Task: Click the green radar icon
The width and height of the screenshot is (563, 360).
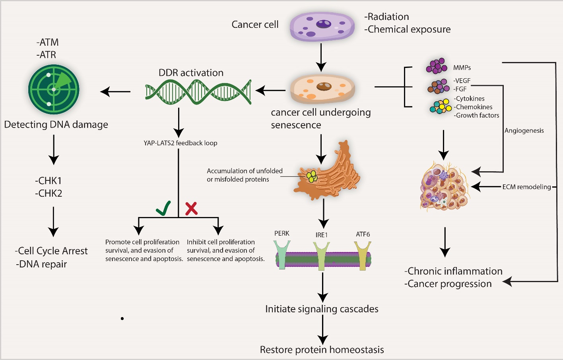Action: click(x=54, y=89)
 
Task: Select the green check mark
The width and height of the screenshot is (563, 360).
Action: click(x=163, y=208)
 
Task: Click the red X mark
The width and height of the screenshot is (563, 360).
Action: click(x=191, y=208)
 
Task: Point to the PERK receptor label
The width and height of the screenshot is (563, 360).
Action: click(x=281, y=233)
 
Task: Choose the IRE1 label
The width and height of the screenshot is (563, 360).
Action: click(x=321, y=235)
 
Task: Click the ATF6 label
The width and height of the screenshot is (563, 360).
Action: click(x=363, y=234)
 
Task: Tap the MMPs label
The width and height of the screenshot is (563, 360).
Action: click(x=462, y=68)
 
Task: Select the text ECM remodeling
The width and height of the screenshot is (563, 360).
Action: click(x=526, y=187)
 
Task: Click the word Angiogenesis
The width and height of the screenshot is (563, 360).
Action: click(x=524, y=130)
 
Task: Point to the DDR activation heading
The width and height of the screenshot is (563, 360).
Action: click(x=191, y=73)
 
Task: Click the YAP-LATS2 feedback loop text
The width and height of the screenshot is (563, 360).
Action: click(x=181, y=143)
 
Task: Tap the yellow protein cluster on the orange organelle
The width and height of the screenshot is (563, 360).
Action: click(x=312, y=176)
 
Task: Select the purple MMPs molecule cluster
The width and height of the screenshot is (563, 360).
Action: click(x=436, y=66)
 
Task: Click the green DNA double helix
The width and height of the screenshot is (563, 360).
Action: click(x=198, y=92)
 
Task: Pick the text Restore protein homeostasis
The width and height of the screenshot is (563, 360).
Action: click(x=322, y=350)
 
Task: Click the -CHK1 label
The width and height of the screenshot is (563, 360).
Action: click(x=49, y=181)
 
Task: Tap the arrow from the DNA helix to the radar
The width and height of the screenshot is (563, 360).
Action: click(x=115, y=92)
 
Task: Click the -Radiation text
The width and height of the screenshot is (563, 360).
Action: click(x=386, y=17)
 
